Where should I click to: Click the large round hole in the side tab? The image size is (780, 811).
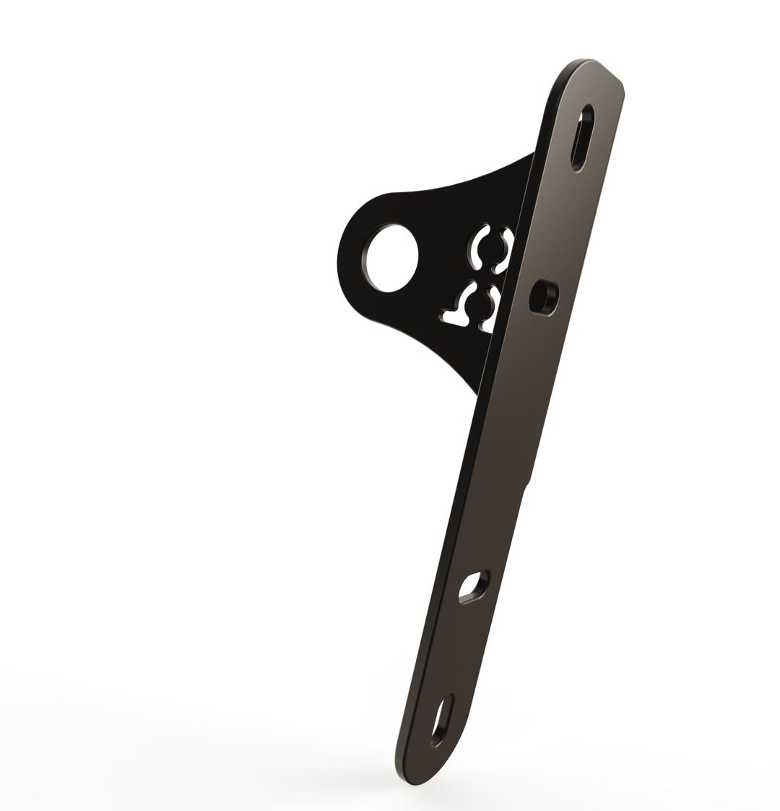click(x=391, y=258)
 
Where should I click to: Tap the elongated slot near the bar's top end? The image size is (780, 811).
click(x=582, y=137)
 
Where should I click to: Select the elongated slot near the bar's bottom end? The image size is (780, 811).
click(x=442, y=721)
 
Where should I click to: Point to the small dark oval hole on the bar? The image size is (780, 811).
click(x=544, y=298)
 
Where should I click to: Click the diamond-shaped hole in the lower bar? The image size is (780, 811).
click(x=473, y=586)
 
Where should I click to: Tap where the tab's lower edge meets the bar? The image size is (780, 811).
click(x=477, y=394)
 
